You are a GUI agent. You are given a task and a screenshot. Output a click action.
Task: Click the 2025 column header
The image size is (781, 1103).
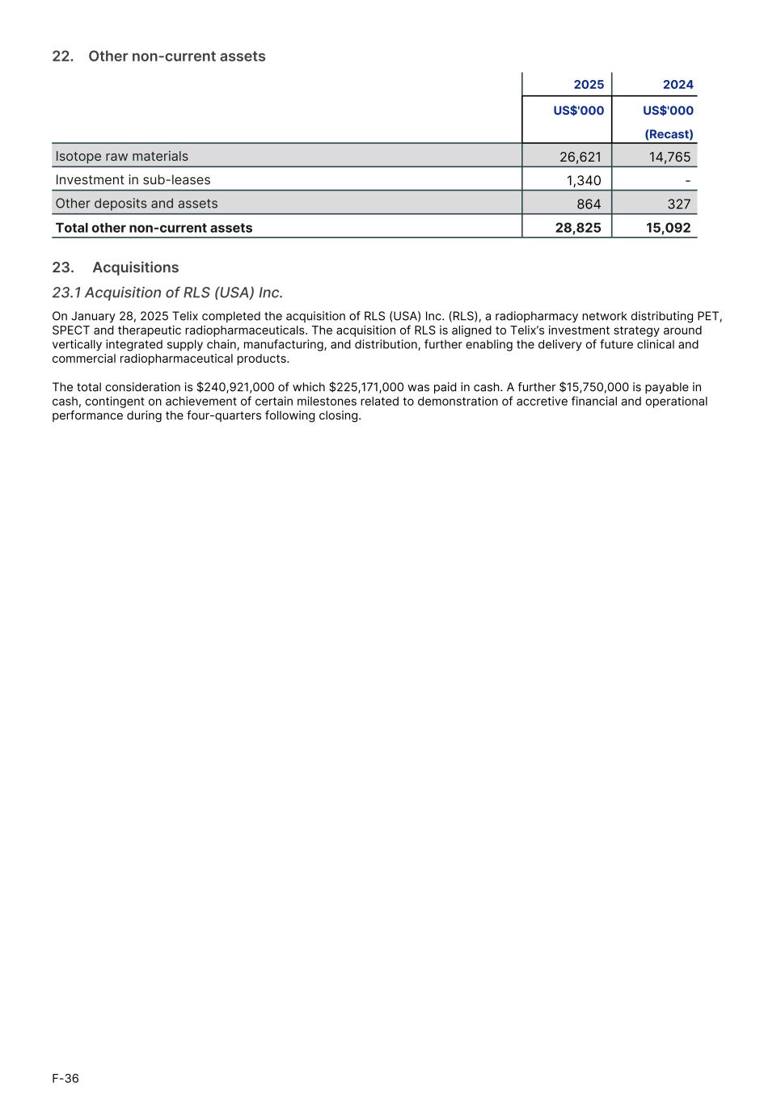tap(588, 85)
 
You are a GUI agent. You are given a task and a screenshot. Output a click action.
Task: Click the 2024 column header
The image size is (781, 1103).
tap(678, 85)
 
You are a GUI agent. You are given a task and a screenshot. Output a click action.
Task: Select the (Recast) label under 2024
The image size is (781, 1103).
tap(669, 134)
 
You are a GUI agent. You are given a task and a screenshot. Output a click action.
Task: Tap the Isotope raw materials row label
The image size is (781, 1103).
tap(121, 156)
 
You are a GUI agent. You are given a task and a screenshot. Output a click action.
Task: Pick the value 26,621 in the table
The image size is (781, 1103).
tap(580, 157)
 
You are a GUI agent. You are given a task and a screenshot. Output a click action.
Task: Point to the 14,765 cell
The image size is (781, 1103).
tap(669, 157)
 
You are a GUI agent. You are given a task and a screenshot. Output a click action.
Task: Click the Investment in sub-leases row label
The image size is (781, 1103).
tap(133, 180)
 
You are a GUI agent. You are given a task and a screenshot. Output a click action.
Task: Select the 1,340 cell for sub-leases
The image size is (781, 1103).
tap(583, 181)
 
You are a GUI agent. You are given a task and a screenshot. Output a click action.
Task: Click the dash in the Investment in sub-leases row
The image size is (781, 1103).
tap(687, 180)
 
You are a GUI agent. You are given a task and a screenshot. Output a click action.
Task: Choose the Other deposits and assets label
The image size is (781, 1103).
tap(136, 204)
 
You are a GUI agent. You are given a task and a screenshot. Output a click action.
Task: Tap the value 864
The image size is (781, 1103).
tap(589, 204)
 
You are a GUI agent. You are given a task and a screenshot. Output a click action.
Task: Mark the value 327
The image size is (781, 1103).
tap(678, 204)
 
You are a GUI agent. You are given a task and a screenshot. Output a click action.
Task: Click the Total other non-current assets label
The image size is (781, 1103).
tap(154, 228)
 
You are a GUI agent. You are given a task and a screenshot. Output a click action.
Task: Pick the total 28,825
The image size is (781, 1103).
tap(578, 228)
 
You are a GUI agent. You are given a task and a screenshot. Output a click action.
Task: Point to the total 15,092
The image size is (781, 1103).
tap(668, 228)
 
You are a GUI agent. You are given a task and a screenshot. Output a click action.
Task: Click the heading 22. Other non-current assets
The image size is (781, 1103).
tap(158, 56)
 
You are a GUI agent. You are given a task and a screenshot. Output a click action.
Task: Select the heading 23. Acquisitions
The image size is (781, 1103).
tap(116, 267)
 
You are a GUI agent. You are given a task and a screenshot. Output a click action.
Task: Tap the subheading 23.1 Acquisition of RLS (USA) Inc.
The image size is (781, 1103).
tap(167, 293)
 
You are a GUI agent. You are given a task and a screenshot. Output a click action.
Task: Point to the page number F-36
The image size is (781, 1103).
tap(65, 1078)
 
